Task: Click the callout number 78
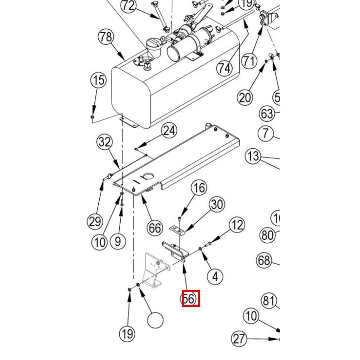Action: tap(106, 38)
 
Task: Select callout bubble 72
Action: tap(129, 5)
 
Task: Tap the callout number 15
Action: tap(98, 80)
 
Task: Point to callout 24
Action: tap(170, 131)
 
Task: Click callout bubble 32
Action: tap(105, 142)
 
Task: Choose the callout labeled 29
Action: tap(95, 221)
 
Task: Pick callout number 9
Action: tap(118, 241)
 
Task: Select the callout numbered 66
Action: tap(155, 228)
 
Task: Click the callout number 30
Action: tap(217, 204)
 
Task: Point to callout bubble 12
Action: tap(237, 225)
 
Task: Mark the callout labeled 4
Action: tap(215, 276)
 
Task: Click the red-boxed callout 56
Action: tap(190, 299)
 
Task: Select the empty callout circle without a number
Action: tap(156, 320)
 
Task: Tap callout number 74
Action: tap(225, 68)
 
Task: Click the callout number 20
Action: tap(245, 97)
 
